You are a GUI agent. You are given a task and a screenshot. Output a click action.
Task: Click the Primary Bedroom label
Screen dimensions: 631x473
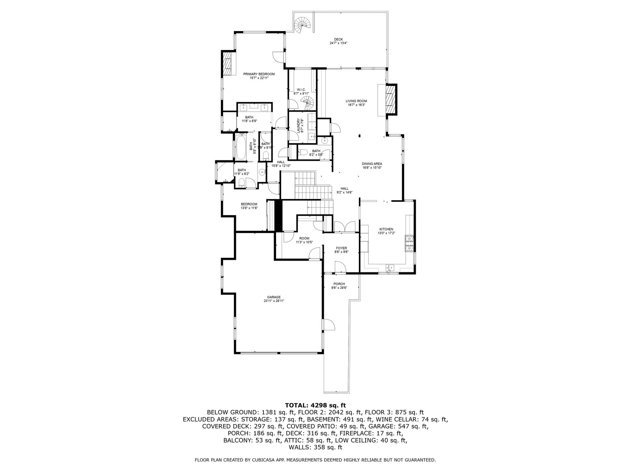click(259, 74)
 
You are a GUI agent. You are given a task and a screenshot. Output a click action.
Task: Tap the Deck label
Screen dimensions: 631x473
click(338, 39)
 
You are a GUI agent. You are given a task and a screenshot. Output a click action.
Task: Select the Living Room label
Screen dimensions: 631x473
click(356, 101)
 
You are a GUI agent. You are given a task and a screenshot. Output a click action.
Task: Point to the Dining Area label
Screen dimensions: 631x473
click(372, 164)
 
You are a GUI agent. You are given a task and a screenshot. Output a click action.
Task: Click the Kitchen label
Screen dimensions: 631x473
click(386, 229)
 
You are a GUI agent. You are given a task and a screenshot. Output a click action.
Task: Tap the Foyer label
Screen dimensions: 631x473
click(341, 248)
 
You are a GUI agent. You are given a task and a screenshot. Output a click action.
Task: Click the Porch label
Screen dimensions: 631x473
click(339, 284)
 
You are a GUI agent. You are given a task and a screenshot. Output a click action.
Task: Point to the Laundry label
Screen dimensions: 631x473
click(302, 125)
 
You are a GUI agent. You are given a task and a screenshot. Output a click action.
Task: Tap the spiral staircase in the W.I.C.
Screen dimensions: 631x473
click(308, 103)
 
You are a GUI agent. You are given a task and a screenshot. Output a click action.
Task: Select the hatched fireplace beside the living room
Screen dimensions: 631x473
click(390, 100)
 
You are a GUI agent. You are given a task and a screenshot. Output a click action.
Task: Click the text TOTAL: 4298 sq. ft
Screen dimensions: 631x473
click(315, 405)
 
